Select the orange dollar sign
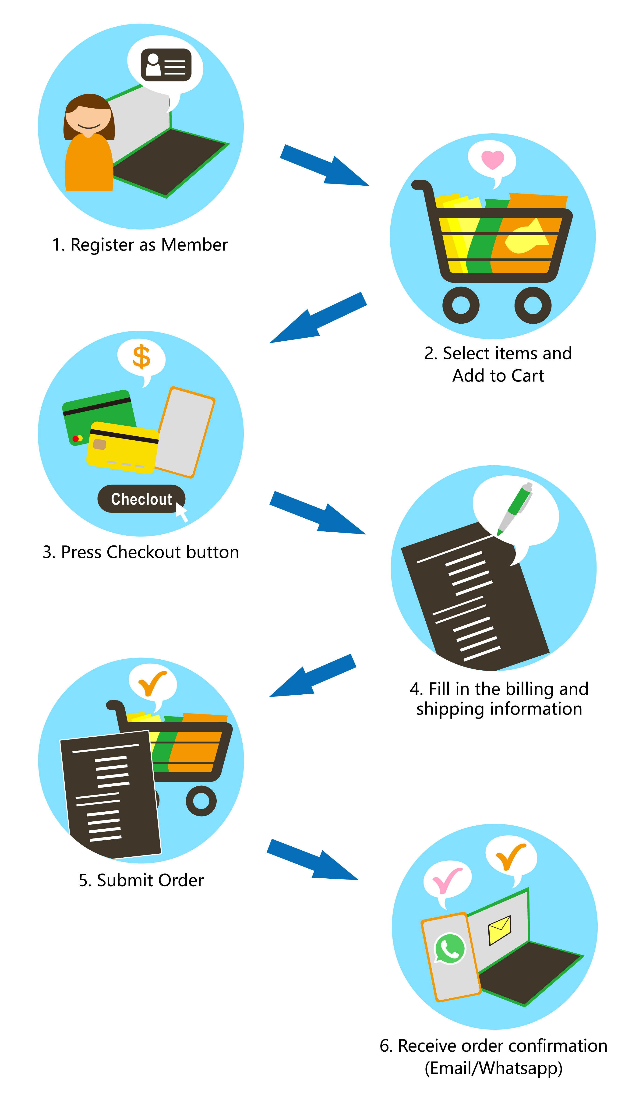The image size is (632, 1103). click(141, 357)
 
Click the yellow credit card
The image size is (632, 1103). click(122, 448)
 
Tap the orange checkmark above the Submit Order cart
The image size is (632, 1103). click(152, 684)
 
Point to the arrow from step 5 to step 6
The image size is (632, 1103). click(313, 860)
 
